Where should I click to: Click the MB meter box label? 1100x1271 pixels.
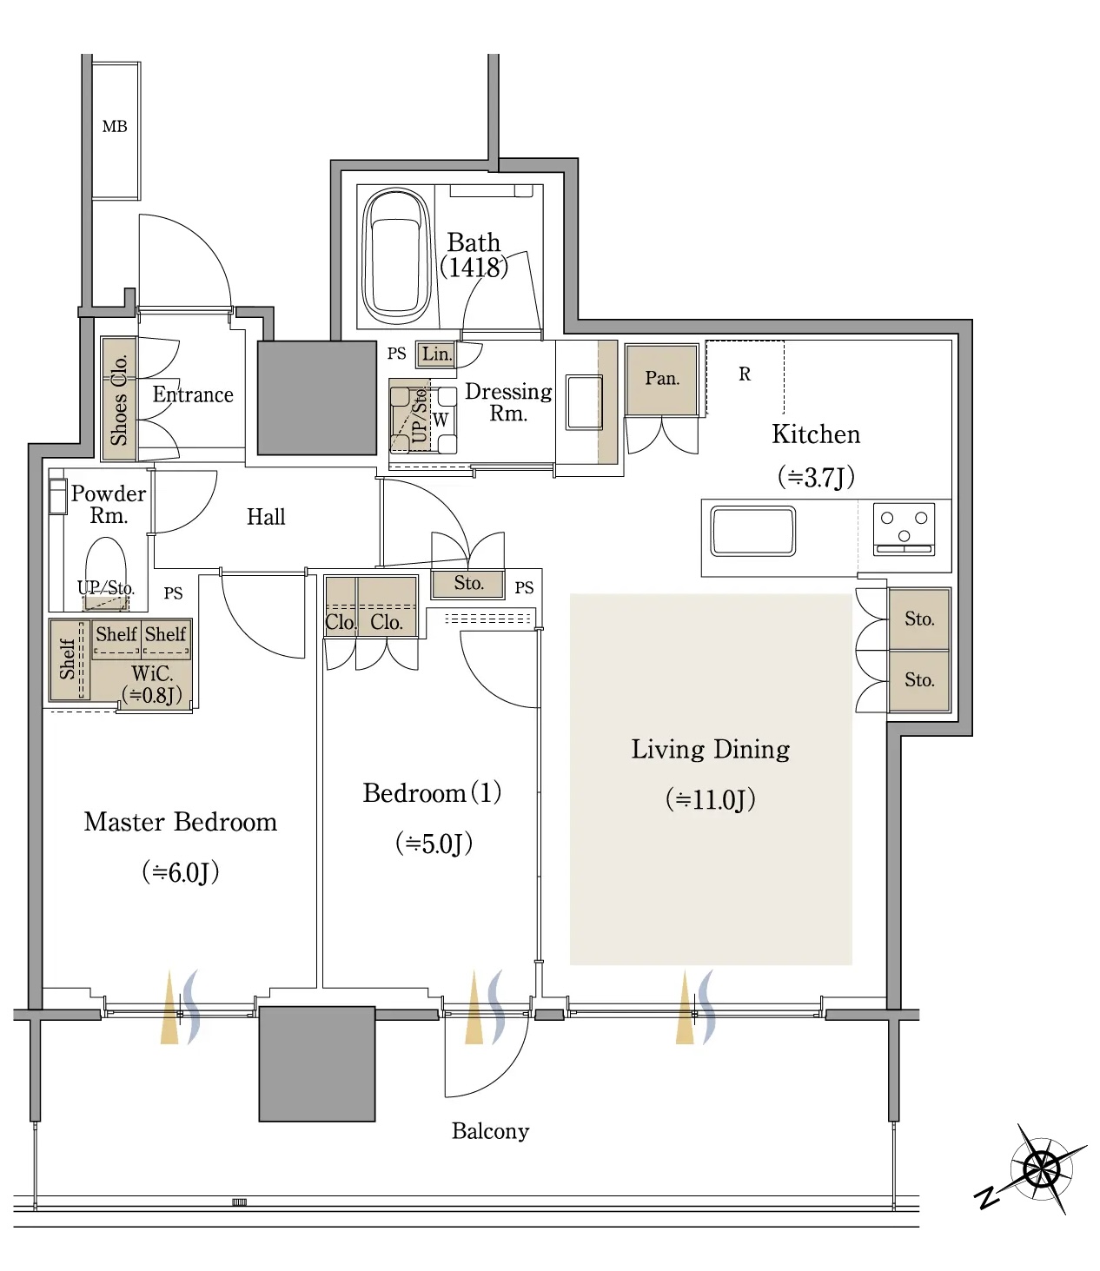click(115, 127)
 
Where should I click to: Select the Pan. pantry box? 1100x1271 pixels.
click(661, 379)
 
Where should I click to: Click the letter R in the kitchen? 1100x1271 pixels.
click(745, 374)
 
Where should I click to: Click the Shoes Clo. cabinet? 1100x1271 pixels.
click(119, 399)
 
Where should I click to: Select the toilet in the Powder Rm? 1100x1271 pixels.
click(106, 565)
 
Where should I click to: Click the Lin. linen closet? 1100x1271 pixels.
click(436, 354)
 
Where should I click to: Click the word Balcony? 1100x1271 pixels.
click(490, 1131)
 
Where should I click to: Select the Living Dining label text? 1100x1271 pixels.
click(710, 750)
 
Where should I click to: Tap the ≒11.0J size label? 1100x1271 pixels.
click(710, 799)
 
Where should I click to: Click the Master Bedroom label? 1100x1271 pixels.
click(180, 822)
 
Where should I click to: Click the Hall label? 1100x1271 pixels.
click(266, 517)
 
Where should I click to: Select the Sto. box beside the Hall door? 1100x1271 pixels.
click(468, 584)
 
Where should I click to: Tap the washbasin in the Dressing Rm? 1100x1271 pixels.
click(584, 401)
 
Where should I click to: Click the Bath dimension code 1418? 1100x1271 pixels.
click(474, 267)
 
